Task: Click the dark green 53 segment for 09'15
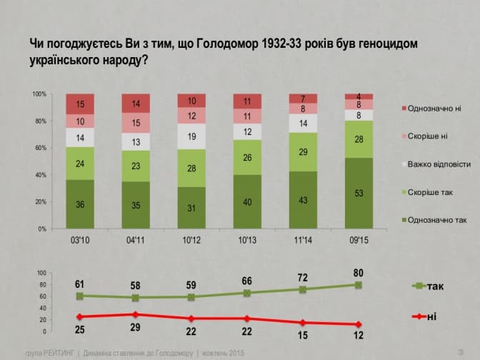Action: pyautogui.click(x=359, y=193)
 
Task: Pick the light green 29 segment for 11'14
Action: pyautogui.click(x=303, y=152)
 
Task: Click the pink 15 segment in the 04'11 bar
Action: pyautogui.click(x=136, y=122)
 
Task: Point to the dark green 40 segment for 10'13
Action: pyautogui.click(x=247, y=201)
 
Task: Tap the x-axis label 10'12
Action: pyautogui.click(x=191, y=240)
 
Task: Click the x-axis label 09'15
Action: pyautogui.click(x=359, y=240)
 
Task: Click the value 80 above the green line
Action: pyautogui.click(x=359, y=271)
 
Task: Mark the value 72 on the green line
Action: pyautogui.click(x=303, y=276)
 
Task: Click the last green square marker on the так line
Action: pyautogui.click(x=359, y=285)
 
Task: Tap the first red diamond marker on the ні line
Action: pyautogui.click(x=80, y=316)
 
